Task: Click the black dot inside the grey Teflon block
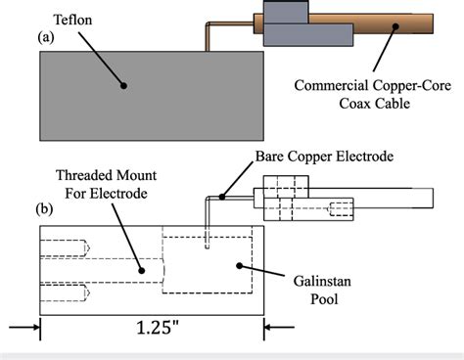124,85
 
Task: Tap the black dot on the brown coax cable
394,29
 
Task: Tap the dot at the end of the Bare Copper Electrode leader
222,198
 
